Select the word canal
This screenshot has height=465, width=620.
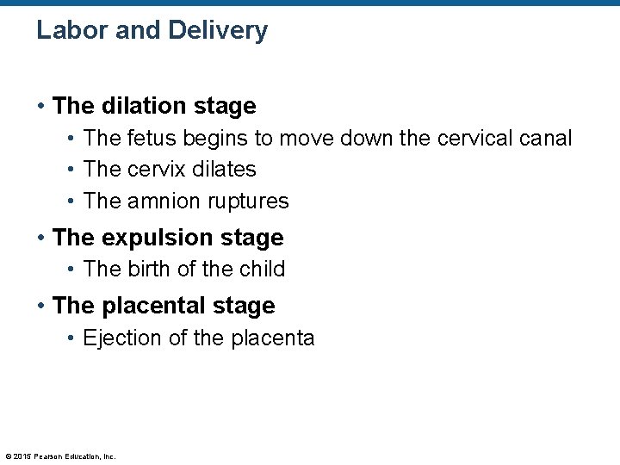pos(547,138)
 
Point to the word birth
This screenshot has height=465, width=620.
pos(150,269)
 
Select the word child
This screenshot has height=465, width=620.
pos(262,269)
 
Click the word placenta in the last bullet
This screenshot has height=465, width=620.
pos(273,338)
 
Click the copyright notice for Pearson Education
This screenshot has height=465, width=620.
pos(60,456)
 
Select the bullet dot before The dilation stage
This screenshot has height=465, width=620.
pos(40,107)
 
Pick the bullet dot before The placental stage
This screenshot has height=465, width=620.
pos(40,307)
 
